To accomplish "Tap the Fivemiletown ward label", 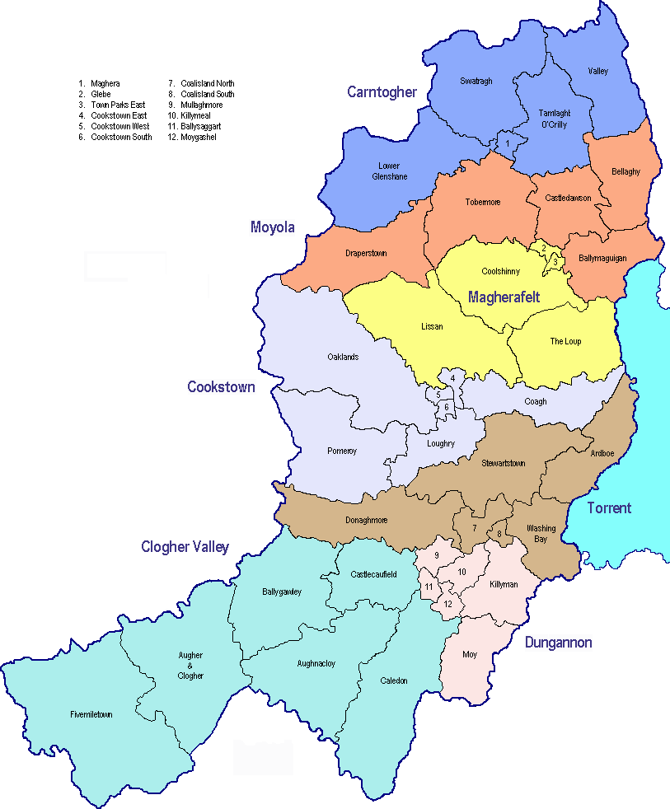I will point(91,714).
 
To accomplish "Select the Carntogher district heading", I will point(382,91).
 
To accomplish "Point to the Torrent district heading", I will point(609,507).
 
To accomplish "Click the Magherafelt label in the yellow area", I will point(504,297).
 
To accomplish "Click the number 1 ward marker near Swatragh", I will point(508,145).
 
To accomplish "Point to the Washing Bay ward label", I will point(541,533).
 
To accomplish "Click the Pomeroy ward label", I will point(342,451).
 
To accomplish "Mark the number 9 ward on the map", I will point(436,555).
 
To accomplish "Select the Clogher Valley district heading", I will point(185,547).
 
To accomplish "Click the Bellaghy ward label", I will point(625,171).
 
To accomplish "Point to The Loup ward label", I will point(565,341).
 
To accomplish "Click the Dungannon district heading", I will point(558,643).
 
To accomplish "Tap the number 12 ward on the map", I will point(447,604).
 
